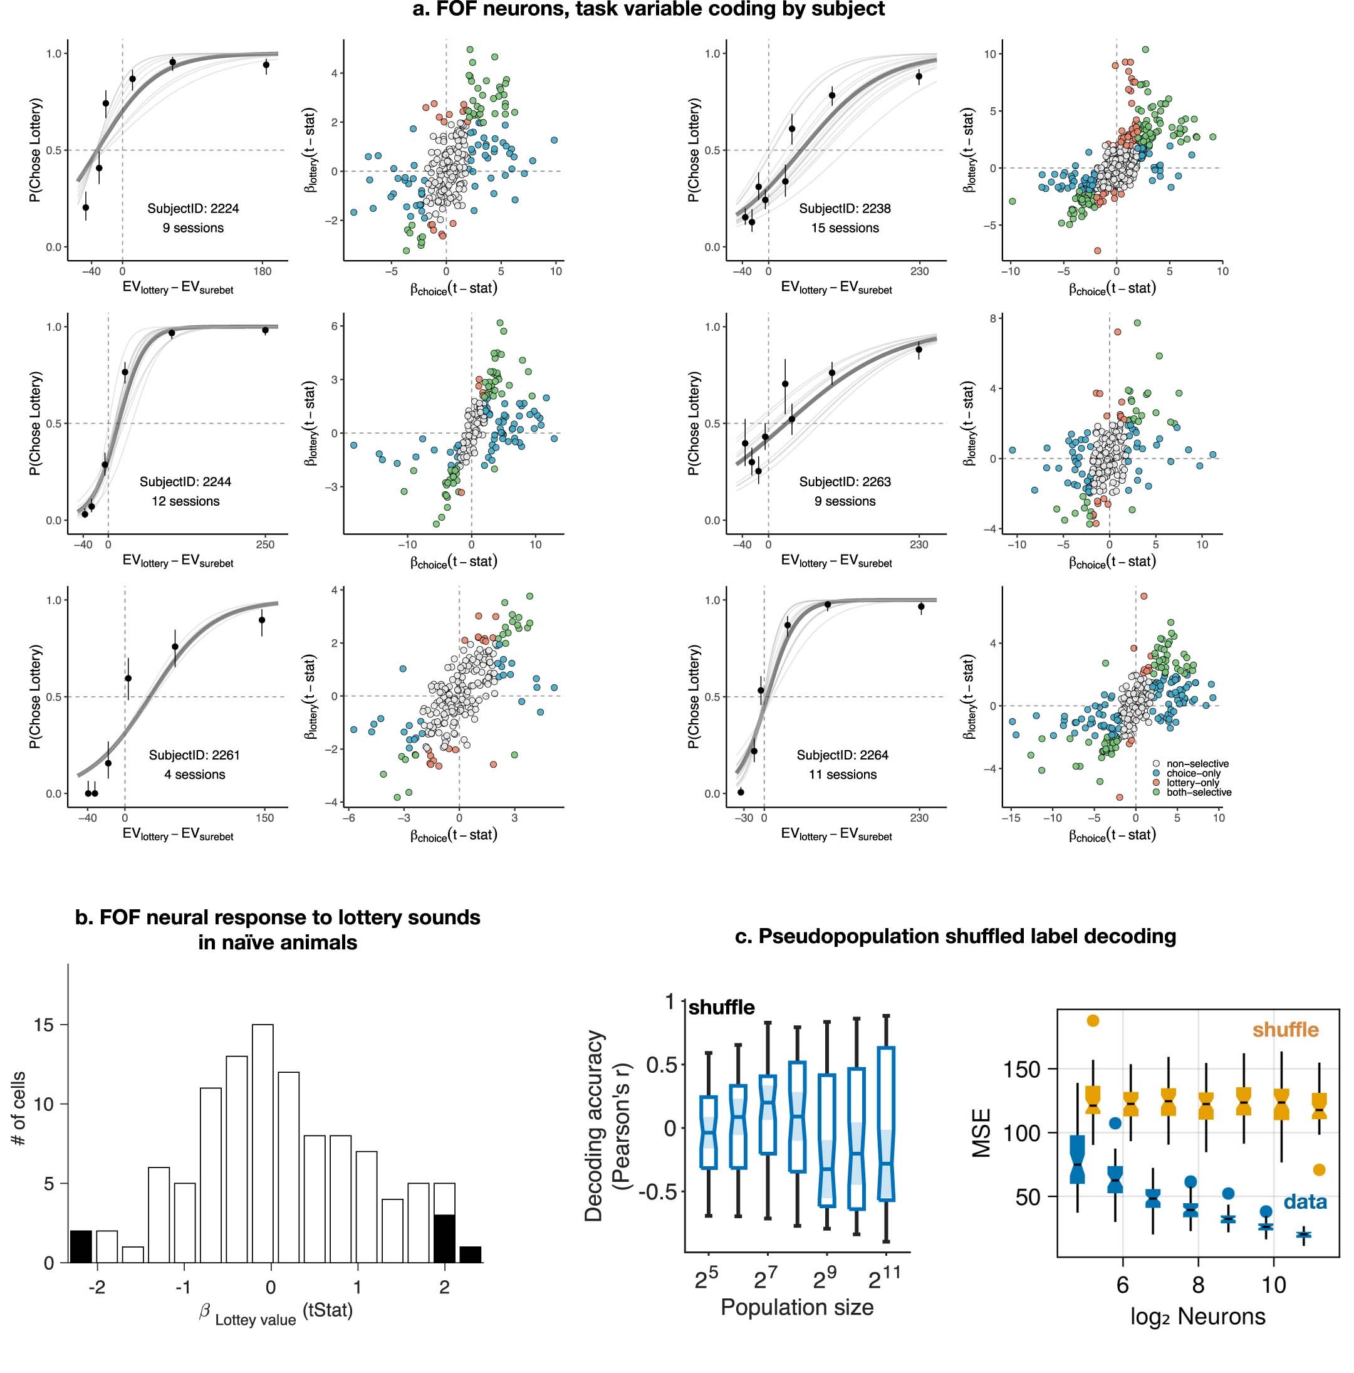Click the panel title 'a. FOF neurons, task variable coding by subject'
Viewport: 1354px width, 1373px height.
click(648, 9)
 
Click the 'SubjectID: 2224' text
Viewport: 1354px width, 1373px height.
click(192, 208)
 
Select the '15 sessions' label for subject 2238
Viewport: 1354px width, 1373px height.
click(845, 228)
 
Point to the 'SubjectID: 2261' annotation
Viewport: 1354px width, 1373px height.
click(194, 754)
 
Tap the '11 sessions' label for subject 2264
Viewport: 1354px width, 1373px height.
click(842, 775)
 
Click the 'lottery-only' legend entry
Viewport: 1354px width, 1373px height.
click(1194, 783)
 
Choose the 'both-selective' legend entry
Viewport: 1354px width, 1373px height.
click(1199, 791)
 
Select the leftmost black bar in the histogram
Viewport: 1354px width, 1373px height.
click(80, 1246)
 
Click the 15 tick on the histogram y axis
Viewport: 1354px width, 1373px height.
click(43, 1025)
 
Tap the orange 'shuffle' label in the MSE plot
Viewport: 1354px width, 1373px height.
click(1284, 1030)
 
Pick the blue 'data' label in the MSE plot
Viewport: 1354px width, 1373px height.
click(1305, 1202)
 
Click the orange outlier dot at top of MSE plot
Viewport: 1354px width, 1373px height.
click(1093, 1021)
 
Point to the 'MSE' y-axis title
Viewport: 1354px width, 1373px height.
click(982, 1133)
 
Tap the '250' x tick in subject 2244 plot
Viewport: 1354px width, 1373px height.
click(264, 545)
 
